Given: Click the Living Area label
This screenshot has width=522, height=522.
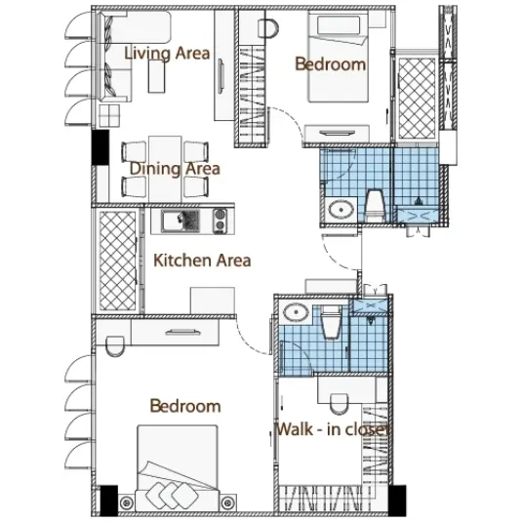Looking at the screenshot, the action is coord(167,54).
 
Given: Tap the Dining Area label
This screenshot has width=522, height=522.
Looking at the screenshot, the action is coord(175,169).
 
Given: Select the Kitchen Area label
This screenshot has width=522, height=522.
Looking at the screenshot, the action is coord(202,261).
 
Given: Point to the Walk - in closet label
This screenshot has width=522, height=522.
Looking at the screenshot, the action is coord(333,429).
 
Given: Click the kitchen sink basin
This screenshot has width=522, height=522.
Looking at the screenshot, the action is coord(181,221).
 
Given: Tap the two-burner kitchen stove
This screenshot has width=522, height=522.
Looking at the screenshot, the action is coord(220,221).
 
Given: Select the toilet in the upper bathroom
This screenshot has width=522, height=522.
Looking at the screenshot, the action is coord(375,205).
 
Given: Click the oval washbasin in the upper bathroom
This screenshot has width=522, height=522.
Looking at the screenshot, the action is coord(341,210).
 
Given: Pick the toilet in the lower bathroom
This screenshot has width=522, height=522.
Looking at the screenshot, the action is coord(331,322).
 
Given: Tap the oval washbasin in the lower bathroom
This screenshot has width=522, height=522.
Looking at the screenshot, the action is coord(296,312).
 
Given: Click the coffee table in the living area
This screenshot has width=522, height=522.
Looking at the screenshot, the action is coord(156,76).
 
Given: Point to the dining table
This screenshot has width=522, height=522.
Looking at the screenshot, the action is coord(165,169).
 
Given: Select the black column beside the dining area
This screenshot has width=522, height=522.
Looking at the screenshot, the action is coord(100,147).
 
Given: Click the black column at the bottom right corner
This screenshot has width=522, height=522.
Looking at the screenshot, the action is coord(397,501).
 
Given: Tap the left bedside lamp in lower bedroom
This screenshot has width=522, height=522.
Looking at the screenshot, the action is coord(126,502).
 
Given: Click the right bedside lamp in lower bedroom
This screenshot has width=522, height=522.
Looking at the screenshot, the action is coord(227,502).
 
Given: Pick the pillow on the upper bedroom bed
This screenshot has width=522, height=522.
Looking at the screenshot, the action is coord(339,25).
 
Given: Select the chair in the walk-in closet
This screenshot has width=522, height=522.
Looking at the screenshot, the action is coord(339,404).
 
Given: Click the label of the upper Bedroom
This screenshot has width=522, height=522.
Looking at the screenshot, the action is coord(330,64).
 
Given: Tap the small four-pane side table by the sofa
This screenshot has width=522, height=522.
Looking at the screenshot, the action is coord(109,115).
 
